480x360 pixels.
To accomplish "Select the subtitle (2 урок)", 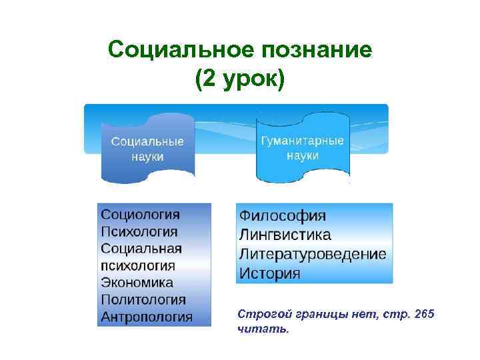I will pos(239,79).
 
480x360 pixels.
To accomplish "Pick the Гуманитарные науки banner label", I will pos(302,149).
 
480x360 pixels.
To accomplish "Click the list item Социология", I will pos(140,215).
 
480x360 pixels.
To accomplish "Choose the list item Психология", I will pos(139,232).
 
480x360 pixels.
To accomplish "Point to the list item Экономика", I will pos(137,283).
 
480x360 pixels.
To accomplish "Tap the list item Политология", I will pos(143,300).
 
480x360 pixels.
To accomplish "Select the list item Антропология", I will pos(147,317).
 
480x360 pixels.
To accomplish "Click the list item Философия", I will pos(283,216).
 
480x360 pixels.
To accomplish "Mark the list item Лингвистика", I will pos(285,235).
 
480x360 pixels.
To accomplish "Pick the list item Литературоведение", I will pos(312,255).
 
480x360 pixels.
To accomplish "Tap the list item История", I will pos(270,274).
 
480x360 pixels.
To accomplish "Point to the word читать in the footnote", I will pos(263,329).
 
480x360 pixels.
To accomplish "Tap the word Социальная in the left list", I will pos(141,249).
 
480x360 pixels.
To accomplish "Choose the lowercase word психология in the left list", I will pos(138,266).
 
